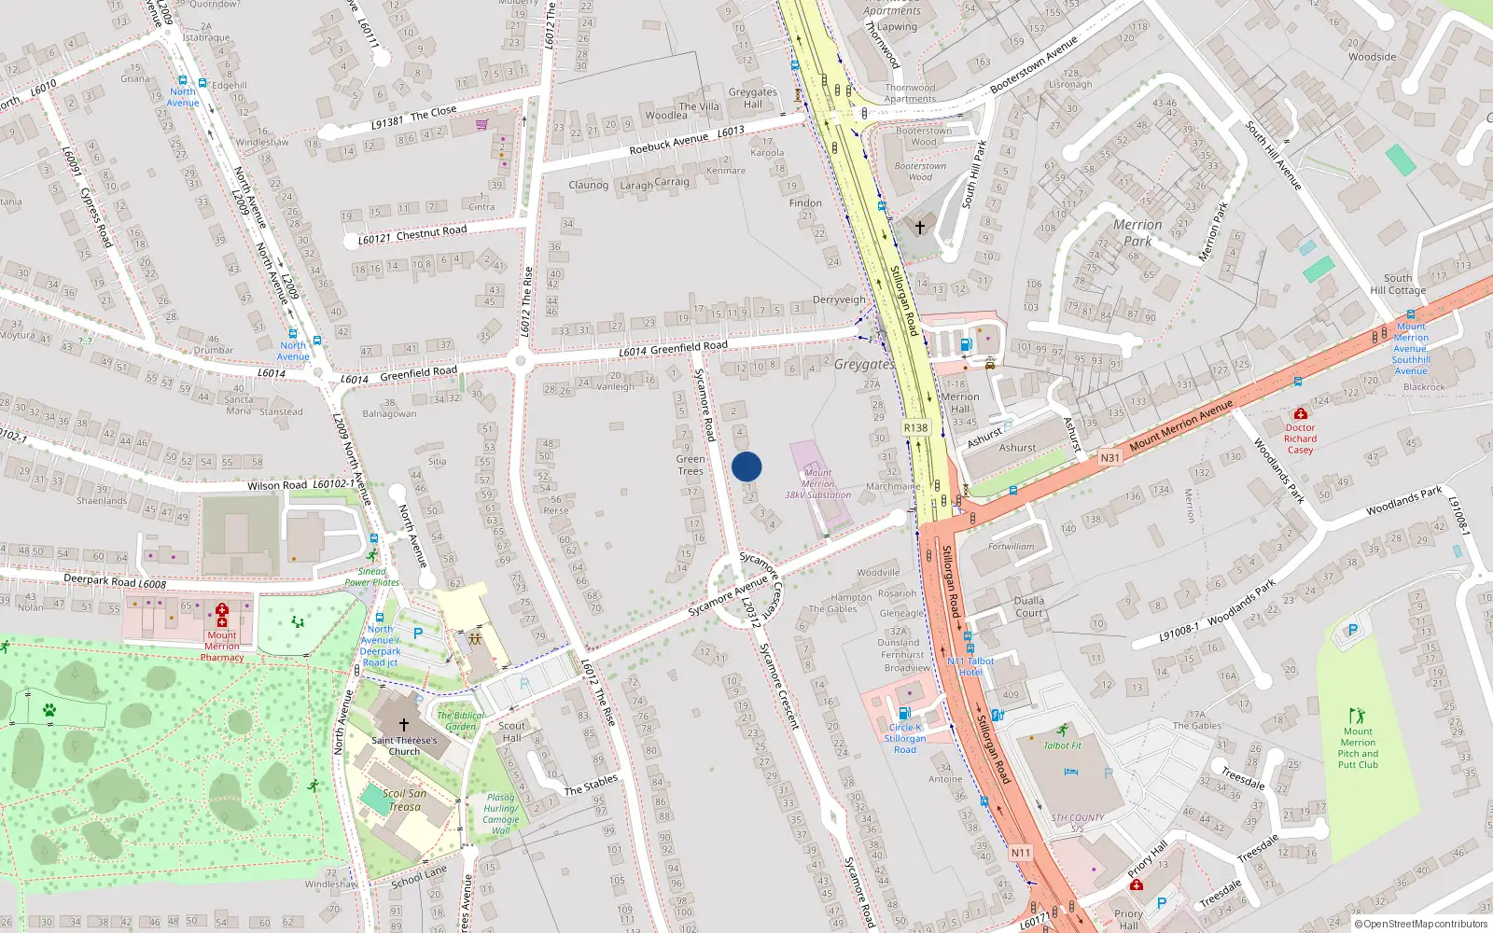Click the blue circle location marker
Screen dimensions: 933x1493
click(x=746, y=466)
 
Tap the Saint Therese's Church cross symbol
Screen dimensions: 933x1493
click(x=404, y=724)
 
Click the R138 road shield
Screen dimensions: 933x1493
click(x=915, y=428)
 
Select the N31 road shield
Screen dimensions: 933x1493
click(x=1109, y=458)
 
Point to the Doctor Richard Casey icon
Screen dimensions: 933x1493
click(x=1300, y=413)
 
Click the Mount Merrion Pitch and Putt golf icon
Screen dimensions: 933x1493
click(x=1358, y=716)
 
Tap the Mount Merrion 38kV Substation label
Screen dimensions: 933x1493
click(x=817, y=484)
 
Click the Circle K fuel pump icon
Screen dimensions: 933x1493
click(x=904, y=713)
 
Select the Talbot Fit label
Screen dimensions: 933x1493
click(x=1062, y=745)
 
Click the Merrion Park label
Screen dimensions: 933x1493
click(x=1137, y=233)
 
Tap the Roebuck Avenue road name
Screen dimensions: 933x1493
click(x=669, y=143)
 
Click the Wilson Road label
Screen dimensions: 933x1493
click(x=277, y=485)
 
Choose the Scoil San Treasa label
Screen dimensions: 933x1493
click(x=404, y=801)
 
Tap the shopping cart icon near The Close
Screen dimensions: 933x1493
click(x=482, y=123)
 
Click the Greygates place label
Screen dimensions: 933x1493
click(x=863, y=364)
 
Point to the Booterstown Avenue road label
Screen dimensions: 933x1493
click(x=1034, y=64)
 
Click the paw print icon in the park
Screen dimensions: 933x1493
click(x=49, y=710)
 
